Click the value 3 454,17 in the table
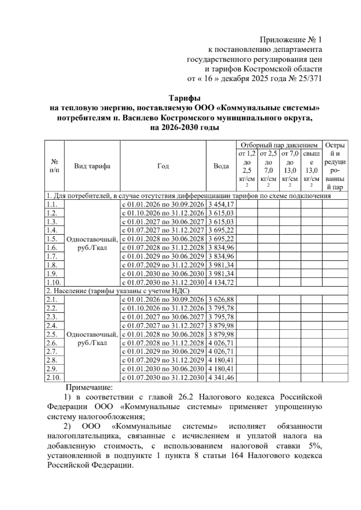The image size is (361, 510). pos(221,205)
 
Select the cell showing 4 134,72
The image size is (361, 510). pos(221,283)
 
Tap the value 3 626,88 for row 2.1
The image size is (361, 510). pos(221,300)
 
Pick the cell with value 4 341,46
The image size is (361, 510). pos(221,378)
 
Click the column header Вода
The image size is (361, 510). pos(221,166)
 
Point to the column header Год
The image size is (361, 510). pos(163,166)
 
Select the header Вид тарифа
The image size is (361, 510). pos(92,166)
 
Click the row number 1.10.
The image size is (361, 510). pos(54,283)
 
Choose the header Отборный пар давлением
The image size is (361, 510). pos(279,146)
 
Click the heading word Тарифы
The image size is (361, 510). pos(184,98)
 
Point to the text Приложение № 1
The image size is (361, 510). pos(291,39)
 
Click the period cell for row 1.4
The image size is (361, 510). pos(163,231)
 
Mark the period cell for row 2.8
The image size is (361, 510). pos(163,360)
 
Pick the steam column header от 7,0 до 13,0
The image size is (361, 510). pos(290,170)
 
